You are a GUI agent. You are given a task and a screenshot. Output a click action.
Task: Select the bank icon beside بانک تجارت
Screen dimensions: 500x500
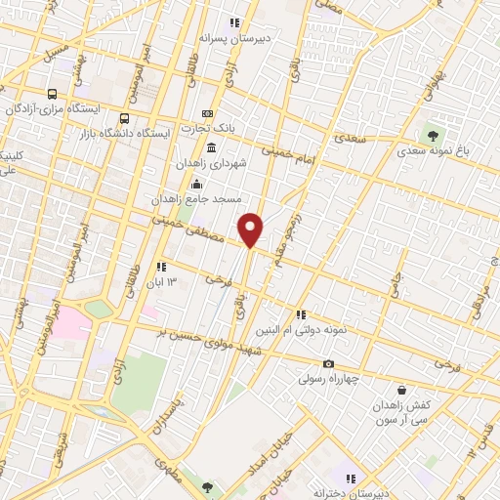click(206, 114)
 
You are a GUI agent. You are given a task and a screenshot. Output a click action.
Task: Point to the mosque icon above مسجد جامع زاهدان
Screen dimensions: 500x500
click(198, 183)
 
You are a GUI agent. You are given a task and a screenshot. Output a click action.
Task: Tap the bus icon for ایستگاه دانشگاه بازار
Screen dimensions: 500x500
click(124, 117)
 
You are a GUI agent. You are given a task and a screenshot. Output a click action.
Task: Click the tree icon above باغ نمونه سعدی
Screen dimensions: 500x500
click(432, 135)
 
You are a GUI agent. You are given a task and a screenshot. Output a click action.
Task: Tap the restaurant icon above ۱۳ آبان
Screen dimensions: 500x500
click(161, 267)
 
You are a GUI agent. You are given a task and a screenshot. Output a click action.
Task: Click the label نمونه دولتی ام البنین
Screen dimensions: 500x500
click(304, 331)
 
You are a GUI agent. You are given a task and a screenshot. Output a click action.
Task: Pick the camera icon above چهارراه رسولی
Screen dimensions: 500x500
click(328, 364)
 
